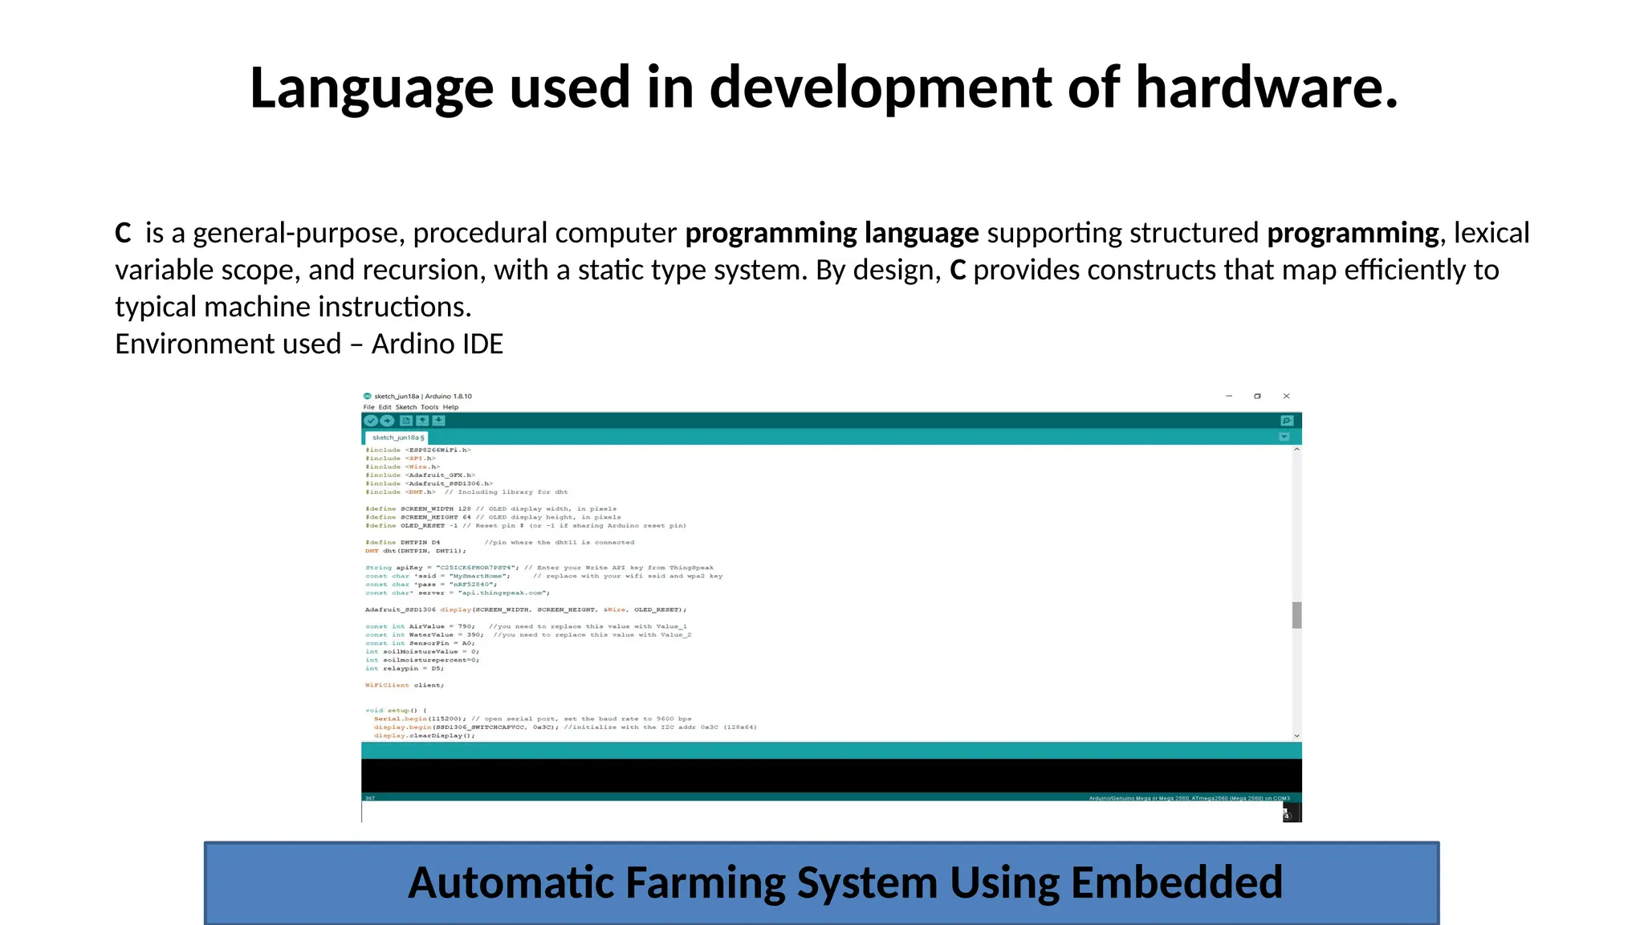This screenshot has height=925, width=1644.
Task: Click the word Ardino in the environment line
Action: (409, 344)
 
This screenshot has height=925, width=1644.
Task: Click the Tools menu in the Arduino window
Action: (429, 407)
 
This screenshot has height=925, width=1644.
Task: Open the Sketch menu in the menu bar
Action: (406, 407)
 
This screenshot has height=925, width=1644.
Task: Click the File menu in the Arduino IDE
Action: (368, 407)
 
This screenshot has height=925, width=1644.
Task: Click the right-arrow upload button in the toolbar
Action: (387, 421)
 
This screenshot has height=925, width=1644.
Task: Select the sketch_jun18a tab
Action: (397, 438)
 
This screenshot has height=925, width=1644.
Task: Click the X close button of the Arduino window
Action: (1286, 396)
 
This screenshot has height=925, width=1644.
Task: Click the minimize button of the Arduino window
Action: (1229, 396)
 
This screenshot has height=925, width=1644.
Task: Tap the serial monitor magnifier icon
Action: (1286, 421)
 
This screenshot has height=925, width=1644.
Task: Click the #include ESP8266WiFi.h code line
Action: (417, 450)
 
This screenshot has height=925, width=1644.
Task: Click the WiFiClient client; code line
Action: (404, 686)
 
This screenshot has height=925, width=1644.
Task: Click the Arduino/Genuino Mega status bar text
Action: (1188, 798)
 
